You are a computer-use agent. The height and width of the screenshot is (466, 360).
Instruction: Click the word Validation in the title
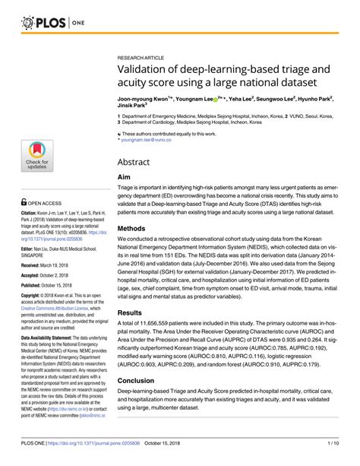[x=143, y=68]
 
